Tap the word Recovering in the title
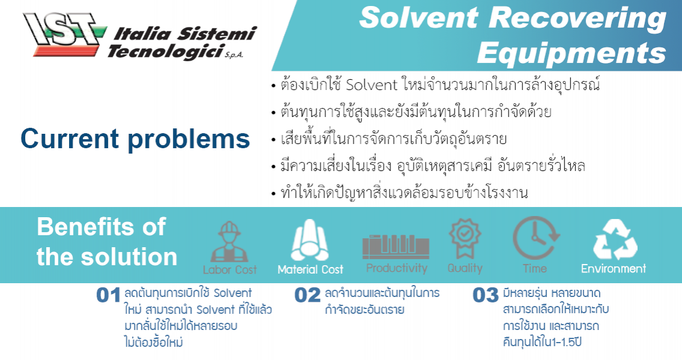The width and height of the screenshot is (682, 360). tap(588, 19)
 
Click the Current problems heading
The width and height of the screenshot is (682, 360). tap(135, 139)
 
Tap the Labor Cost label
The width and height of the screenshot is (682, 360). tap(229, 270)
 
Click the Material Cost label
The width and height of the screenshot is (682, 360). tap(310, 270)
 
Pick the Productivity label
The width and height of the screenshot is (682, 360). tap(396, 268)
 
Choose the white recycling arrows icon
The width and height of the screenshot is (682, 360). tap(614, 239)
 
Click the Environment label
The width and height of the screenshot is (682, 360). tap(614, 269)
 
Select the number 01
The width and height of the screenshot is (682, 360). tap(109, 296)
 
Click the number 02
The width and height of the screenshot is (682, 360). tap(307, 296)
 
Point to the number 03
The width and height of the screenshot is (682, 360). tap(486, 296)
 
